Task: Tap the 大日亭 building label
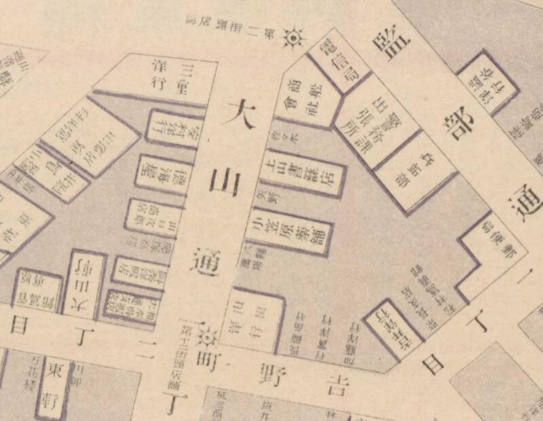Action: point(86,283)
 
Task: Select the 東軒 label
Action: point(54,383)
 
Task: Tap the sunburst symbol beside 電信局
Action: point(293,37)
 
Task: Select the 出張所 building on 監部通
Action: point(377,120)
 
